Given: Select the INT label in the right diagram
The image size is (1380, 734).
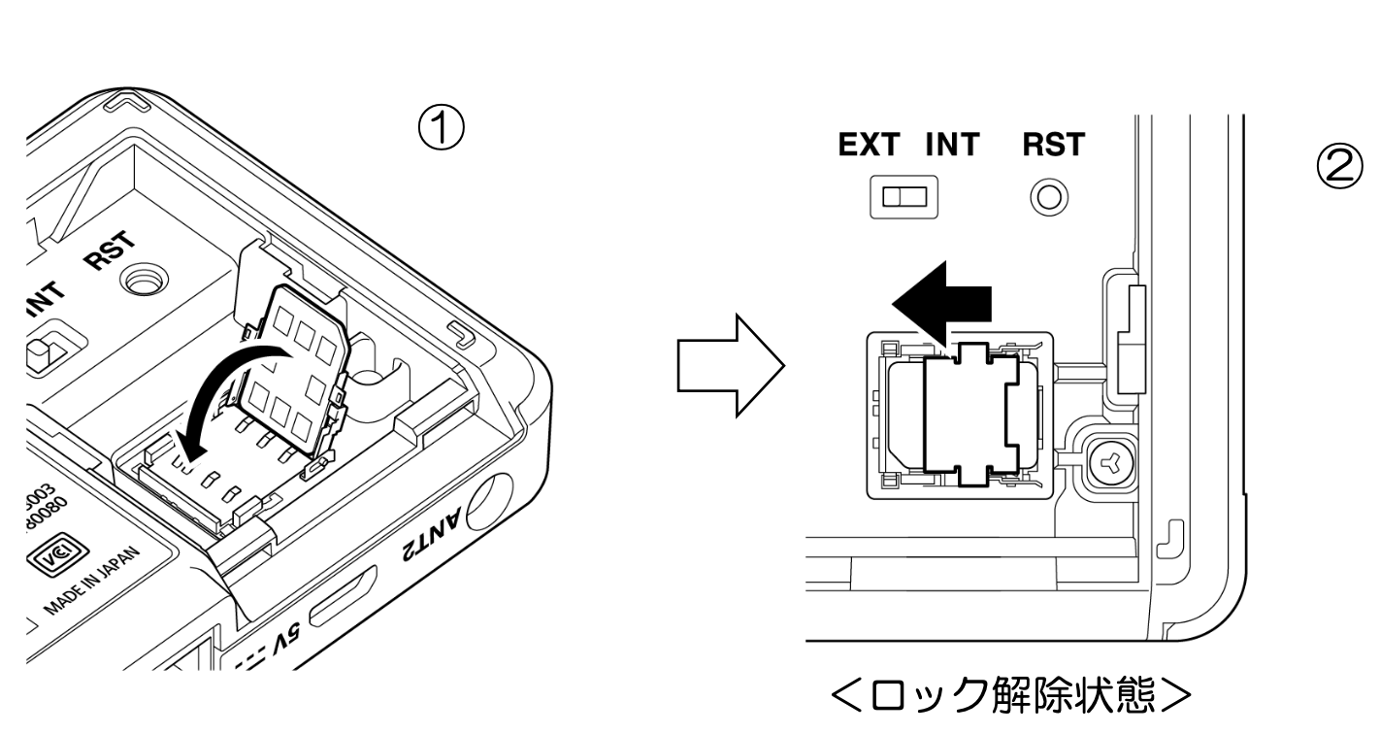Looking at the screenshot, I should pos(952,146).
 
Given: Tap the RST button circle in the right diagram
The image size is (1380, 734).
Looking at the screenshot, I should pos(1049,198).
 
